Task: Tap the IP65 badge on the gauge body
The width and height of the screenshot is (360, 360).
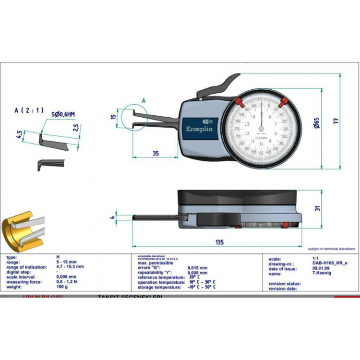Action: coord(207,120)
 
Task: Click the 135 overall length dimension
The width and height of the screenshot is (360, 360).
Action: coord(219,242)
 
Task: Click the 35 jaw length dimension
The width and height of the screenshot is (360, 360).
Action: coord(156,154)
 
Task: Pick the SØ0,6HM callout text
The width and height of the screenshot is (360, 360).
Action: coord(63,114)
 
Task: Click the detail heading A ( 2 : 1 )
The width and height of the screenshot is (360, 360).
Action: coord(29,110)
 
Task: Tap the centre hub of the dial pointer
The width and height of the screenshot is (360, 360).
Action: coord(261,129)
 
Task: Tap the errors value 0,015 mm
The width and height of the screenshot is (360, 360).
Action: coord(197,268)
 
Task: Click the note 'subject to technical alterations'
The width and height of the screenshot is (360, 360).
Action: coord(331,249)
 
